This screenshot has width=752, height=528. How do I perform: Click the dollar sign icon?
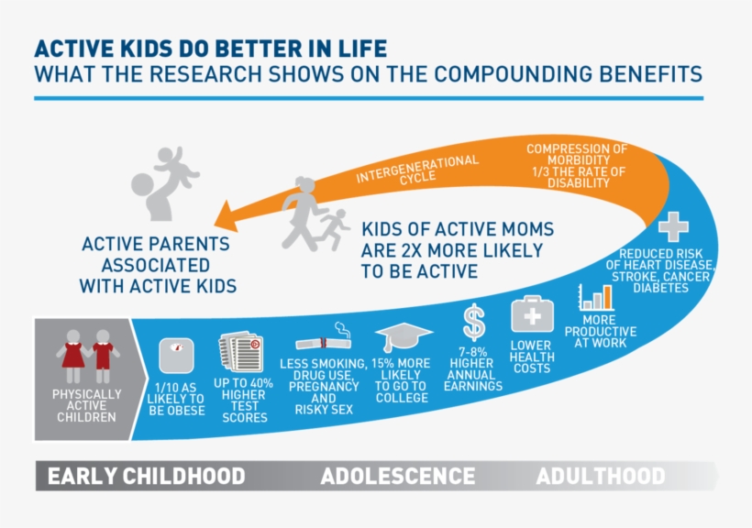(473, 323)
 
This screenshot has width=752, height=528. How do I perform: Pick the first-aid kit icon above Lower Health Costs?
(532, 314)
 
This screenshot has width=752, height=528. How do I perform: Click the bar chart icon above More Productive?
(595, 297)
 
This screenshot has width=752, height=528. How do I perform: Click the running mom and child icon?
(314, 214)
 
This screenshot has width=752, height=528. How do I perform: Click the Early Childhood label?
(146, 477)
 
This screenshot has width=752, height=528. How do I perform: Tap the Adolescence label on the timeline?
(397, 477)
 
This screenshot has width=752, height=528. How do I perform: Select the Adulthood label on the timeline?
(601, 477)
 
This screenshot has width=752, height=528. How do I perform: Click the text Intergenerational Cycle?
(418, 170)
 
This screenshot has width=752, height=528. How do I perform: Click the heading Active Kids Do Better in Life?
(210, 48)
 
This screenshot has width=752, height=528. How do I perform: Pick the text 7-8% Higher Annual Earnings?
(473, 368)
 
